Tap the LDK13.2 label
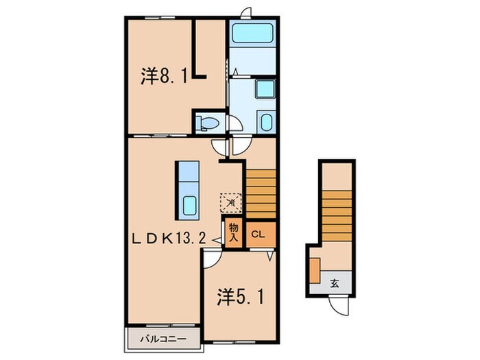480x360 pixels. tap(169, 238)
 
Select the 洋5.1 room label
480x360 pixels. tap(241, 297)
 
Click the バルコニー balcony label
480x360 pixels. tap(163, 339)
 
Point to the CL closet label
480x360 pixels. tap(258, 235)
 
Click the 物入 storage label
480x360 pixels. tap(234, 232)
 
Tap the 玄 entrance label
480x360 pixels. tap(335, 283)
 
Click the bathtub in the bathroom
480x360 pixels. tap(252, 34)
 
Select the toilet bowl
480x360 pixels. tap(208, 123)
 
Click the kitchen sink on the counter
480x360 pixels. tap(191, 205)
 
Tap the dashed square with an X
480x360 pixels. tap(231, 202)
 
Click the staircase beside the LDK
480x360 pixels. tap(261, 194)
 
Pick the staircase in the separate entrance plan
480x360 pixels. tap(337, 216)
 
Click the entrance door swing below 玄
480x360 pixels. tap(339, 306)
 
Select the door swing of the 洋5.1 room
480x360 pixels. tap(213, 259)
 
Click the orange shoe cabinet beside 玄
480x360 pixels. tap(315, 270)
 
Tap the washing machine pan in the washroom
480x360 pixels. tap(265, 88)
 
